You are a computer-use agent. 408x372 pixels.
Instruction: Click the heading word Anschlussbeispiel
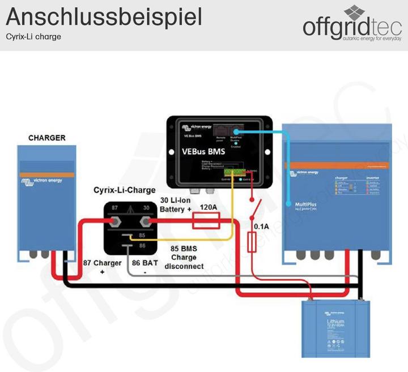click(x=104, y=16)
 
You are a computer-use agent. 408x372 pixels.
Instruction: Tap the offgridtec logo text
click(x=352, y=27)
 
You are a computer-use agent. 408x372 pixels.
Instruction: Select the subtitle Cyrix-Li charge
click(x=33, y=37)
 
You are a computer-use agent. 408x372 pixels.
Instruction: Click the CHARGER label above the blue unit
click(x=46, y=138)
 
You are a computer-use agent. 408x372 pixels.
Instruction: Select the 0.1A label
click(x=262, y=226)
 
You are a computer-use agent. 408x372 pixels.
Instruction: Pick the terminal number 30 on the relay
click(x=146, y=208)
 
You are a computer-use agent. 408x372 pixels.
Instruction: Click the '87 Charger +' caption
click(x=103, y=267)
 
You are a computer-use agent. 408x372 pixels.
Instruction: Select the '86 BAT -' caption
click(x=144, y=267)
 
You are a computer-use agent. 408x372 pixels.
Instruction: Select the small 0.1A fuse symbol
click(x=253, y=243)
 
